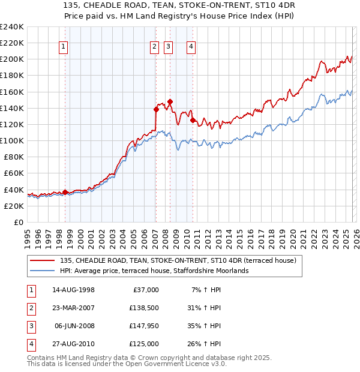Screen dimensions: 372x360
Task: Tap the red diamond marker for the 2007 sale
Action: (156, 109)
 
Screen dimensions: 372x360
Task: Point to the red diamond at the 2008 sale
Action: (170, 101)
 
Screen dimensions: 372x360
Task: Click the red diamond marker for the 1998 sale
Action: (65, 192)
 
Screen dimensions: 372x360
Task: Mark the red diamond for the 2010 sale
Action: (193, 120)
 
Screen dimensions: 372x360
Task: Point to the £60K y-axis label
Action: (14, 173)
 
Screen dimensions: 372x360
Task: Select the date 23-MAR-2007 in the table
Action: (74, 308)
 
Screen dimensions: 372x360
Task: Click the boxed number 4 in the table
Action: (30, 344)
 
